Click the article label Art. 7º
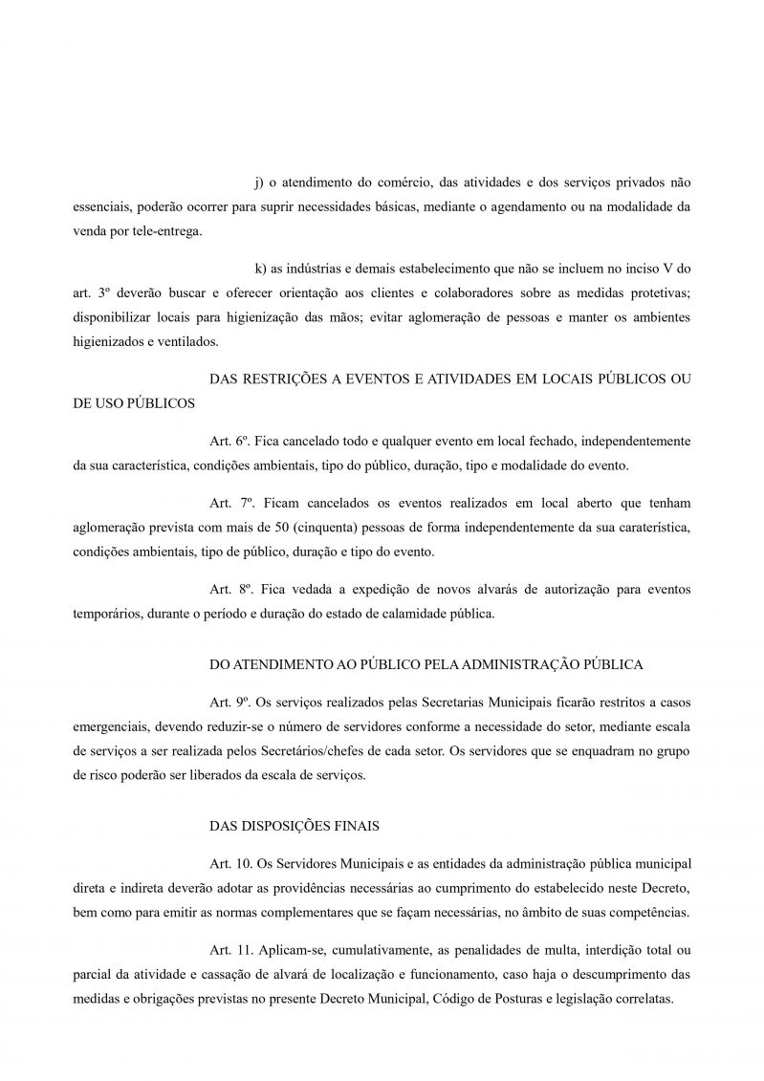click(229, 503)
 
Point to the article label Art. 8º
click(229, 590)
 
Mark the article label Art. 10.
click(229, 862)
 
